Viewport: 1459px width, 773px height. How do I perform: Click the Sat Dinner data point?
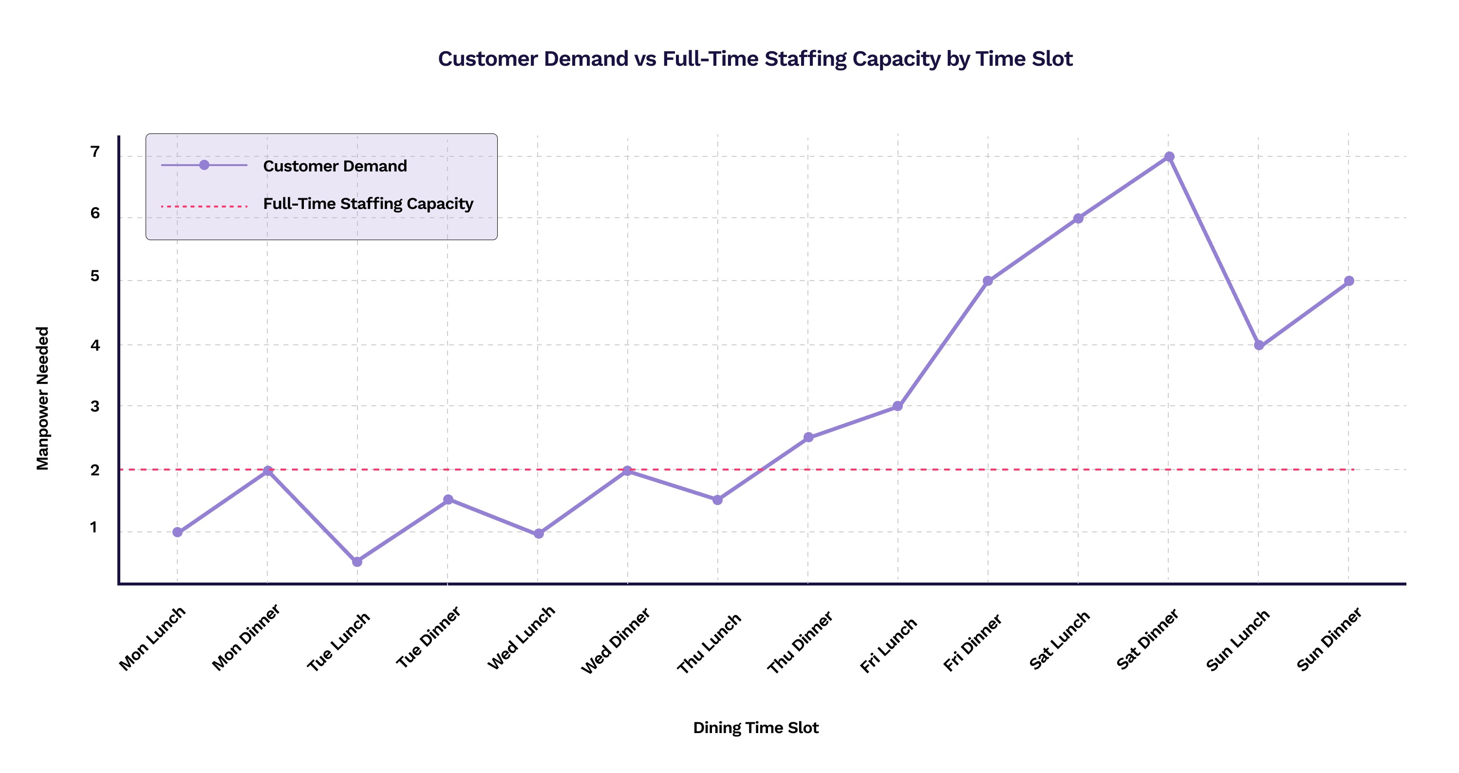tap(1169, 157)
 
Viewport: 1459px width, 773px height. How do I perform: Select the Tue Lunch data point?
tap(357, 562)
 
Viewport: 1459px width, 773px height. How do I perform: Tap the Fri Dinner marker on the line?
tap(988, 281)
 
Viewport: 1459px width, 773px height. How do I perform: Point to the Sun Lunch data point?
tap(1259, 345)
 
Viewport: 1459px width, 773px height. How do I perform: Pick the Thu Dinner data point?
tap(808, 437)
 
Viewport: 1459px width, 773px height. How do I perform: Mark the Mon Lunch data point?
tap(177, 532)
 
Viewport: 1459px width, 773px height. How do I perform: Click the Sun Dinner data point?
tap(1349, 281)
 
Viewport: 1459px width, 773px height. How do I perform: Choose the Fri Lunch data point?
tap(898, 406)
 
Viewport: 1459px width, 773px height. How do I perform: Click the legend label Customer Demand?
tap(335, 166)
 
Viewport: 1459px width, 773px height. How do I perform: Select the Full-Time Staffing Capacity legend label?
tap(368, 204)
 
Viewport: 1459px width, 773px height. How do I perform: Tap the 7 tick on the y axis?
tap(95, 152)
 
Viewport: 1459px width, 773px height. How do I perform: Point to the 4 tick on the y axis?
tap(95, 345)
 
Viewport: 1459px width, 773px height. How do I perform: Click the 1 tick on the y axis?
tap(94, 527)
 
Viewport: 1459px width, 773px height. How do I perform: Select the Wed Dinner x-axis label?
tap(616, 641)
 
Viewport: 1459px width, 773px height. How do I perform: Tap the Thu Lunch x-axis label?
tap(709, 643)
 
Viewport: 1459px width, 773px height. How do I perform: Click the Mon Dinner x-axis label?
tap(246, 637)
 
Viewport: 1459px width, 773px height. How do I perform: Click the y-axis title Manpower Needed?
tap(43, 398)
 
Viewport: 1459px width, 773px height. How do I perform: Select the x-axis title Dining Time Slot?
tap(756, 728)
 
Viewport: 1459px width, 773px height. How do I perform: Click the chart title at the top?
tap(756, 59)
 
